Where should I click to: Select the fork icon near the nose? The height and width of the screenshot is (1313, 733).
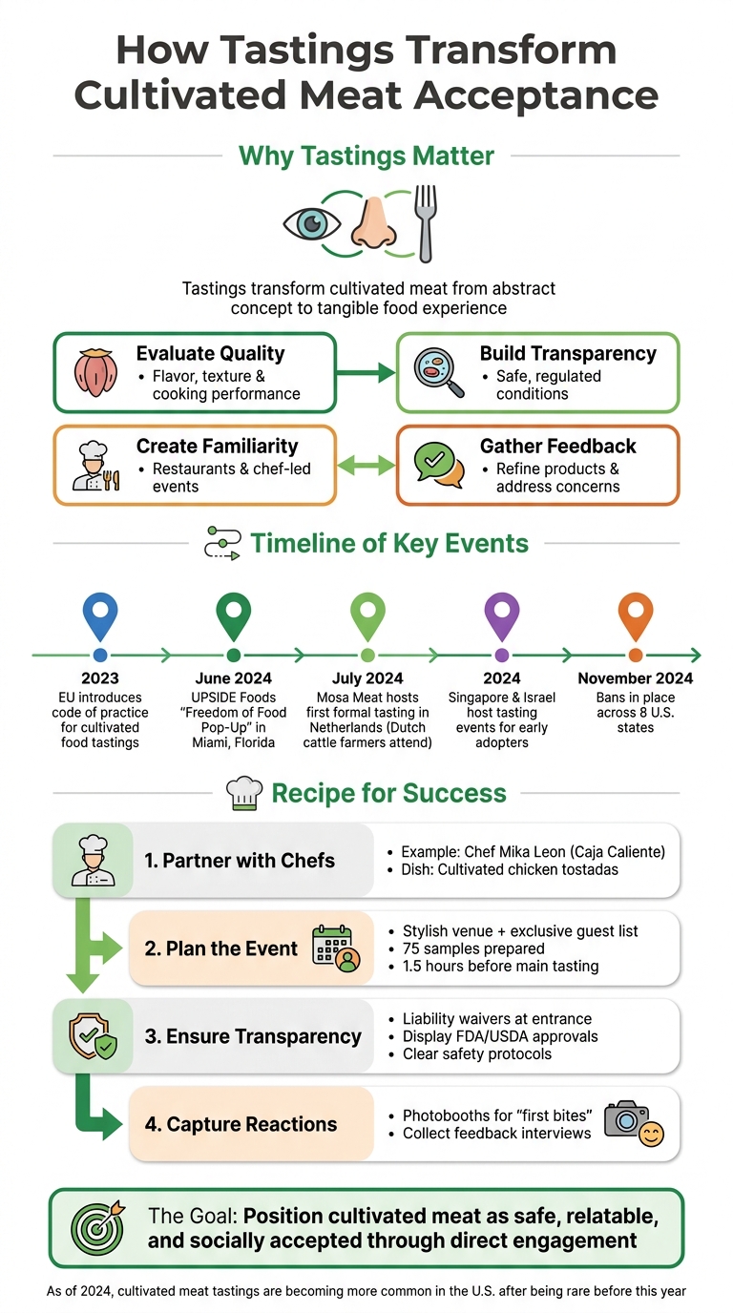(423, 222)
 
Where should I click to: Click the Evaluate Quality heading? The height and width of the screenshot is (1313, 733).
(210, 353)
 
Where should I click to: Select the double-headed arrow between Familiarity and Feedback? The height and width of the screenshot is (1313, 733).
(366, 466)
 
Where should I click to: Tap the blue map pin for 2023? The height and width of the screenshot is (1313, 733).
(100, 615)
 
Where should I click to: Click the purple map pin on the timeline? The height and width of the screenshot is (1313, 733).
(502, 615)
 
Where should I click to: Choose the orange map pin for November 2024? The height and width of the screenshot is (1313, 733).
(636, 615)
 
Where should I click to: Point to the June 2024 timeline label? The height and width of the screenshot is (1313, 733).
(234, 678)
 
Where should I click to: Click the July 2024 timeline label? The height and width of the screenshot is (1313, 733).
(367, 678)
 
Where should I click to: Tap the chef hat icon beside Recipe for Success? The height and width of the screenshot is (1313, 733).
(243, 793)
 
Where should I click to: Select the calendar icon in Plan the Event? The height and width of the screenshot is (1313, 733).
(335, 948)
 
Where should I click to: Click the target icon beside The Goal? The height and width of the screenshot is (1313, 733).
(98, 1227)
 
